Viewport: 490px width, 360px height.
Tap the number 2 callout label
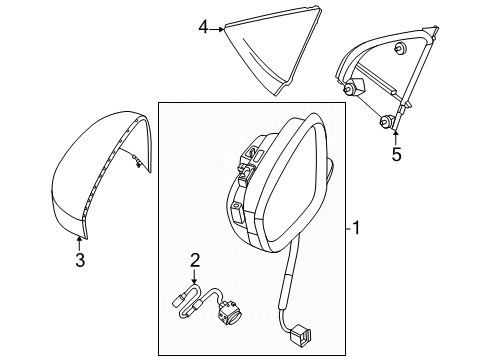[x=195, y=260]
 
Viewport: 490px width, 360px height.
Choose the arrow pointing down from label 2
[x=195, y=278]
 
